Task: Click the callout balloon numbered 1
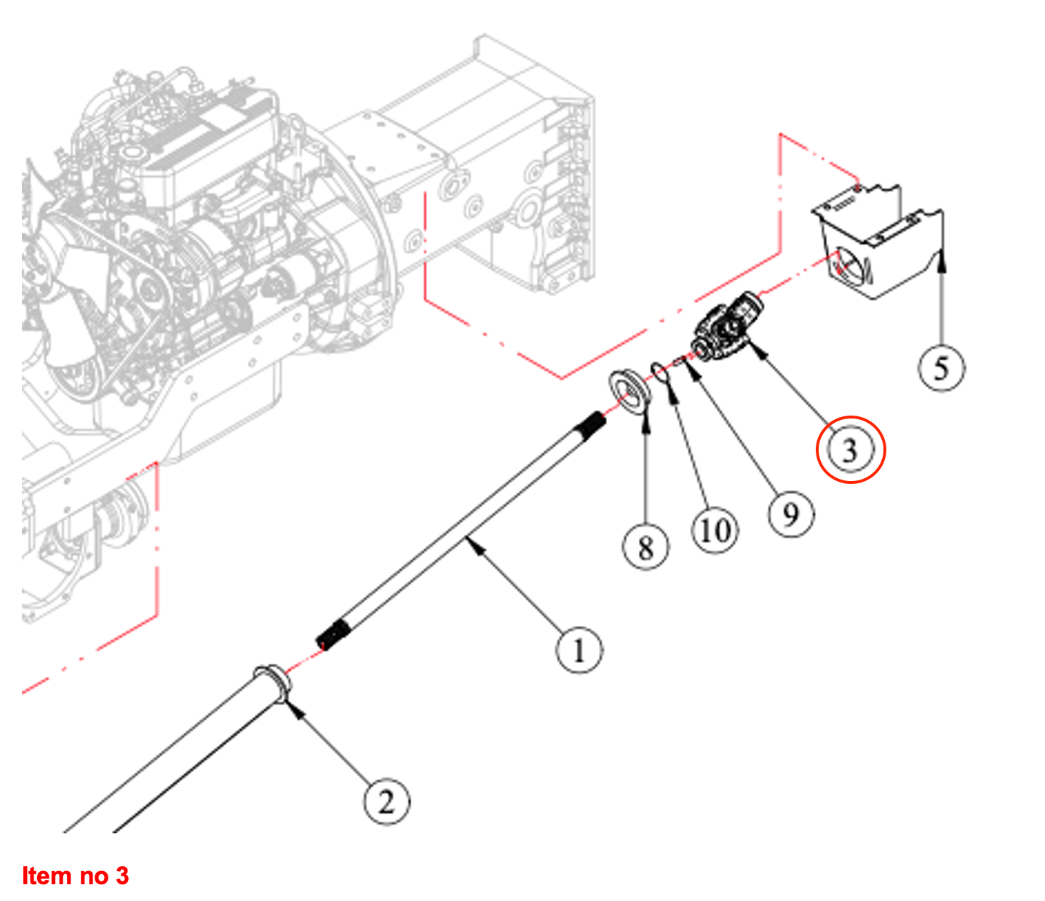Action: point(579,650)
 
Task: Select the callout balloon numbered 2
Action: point(386,801)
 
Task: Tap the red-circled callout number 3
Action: point(850,450)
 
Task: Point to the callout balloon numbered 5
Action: point(941,368)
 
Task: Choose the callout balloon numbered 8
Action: point(645,547)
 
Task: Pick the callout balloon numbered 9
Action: point(791,515)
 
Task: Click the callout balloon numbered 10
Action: point(714,531)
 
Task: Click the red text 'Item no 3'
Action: point(75,876)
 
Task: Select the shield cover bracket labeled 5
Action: point(881,244)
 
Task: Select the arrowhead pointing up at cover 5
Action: point(942,256)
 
